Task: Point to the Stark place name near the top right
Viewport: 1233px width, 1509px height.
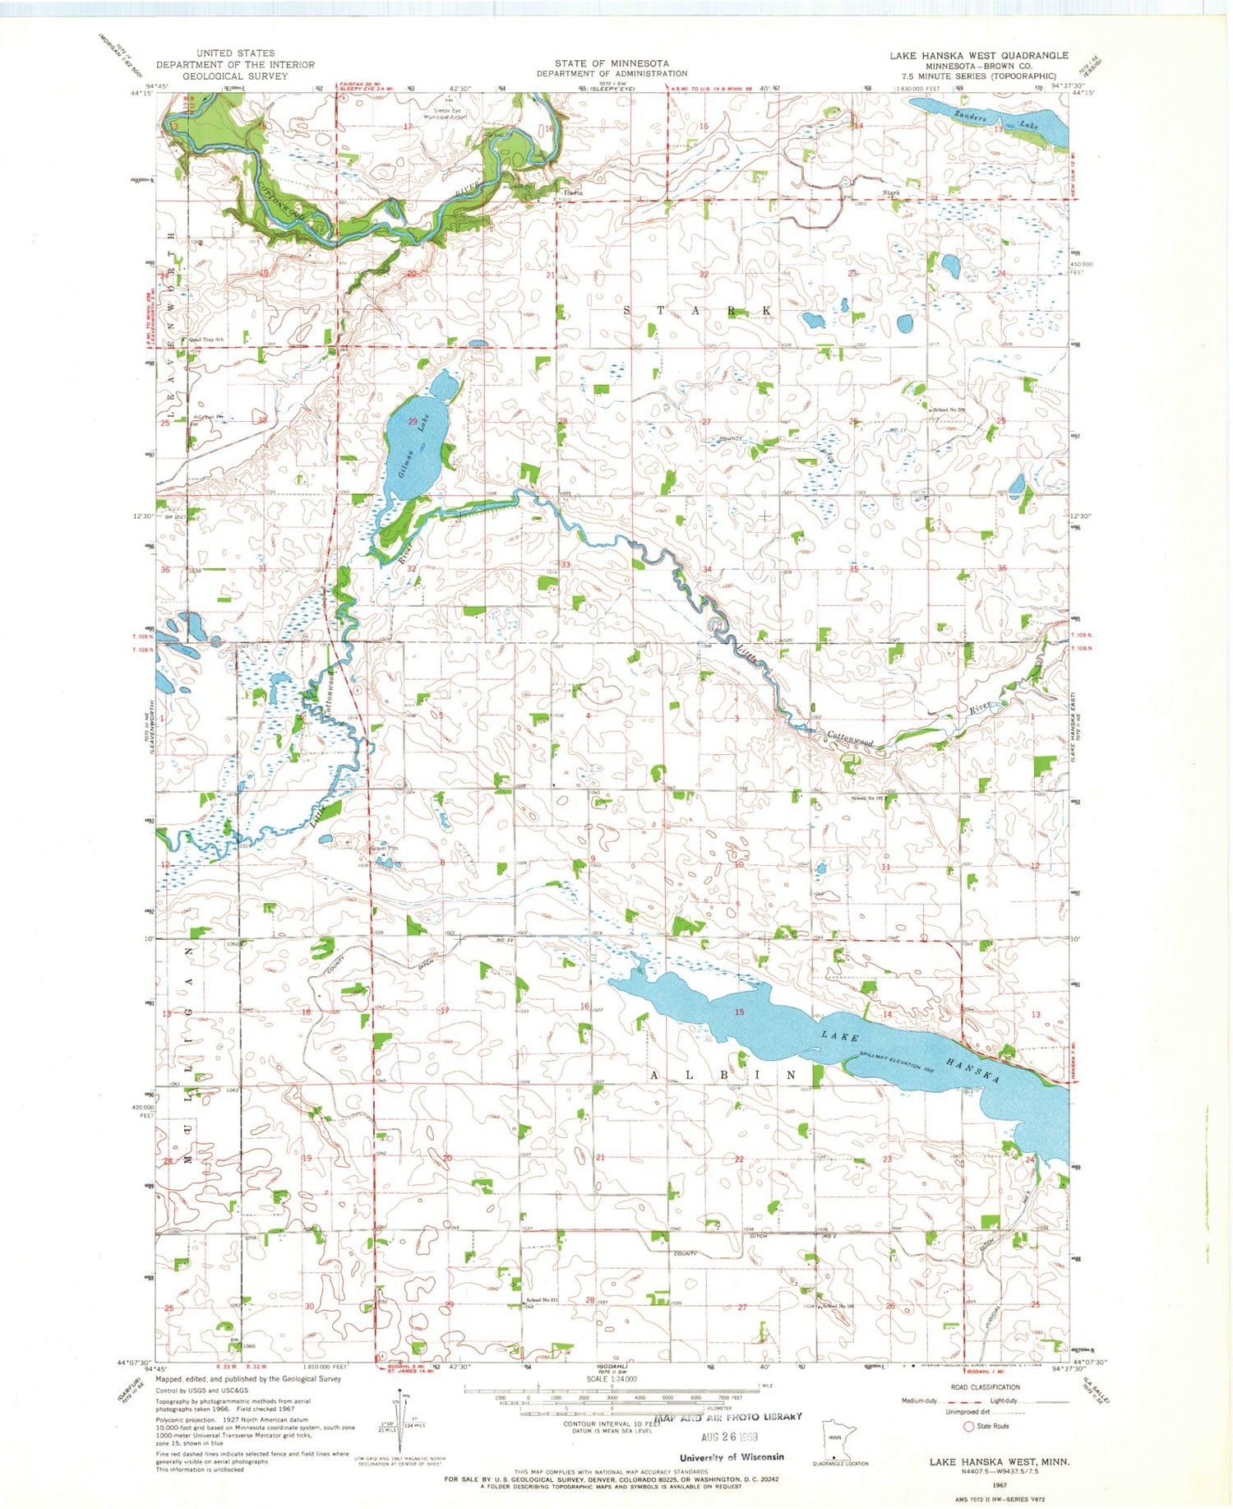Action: [891, 192]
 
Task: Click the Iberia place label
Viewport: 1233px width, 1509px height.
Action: [572, 192]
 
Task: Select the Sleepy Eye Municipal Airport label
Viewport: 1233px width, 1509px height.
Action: [444, 113]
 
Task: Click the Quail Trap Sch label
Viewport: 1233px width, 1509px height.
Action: [206, 339]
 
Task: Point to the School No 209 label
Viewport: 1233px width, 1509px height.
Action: [948, 409]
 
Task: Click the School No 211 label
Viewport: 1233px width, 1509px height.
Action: [542, 1300]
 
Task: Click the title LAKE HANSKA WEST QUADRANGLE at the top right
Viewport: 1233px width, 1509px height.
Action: [978, 55]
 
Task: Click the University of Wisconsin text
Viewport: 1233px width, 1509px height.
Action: [732, 1456]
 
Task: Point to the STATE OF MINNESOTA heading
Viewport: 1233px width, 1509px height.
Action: [611, 62]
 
